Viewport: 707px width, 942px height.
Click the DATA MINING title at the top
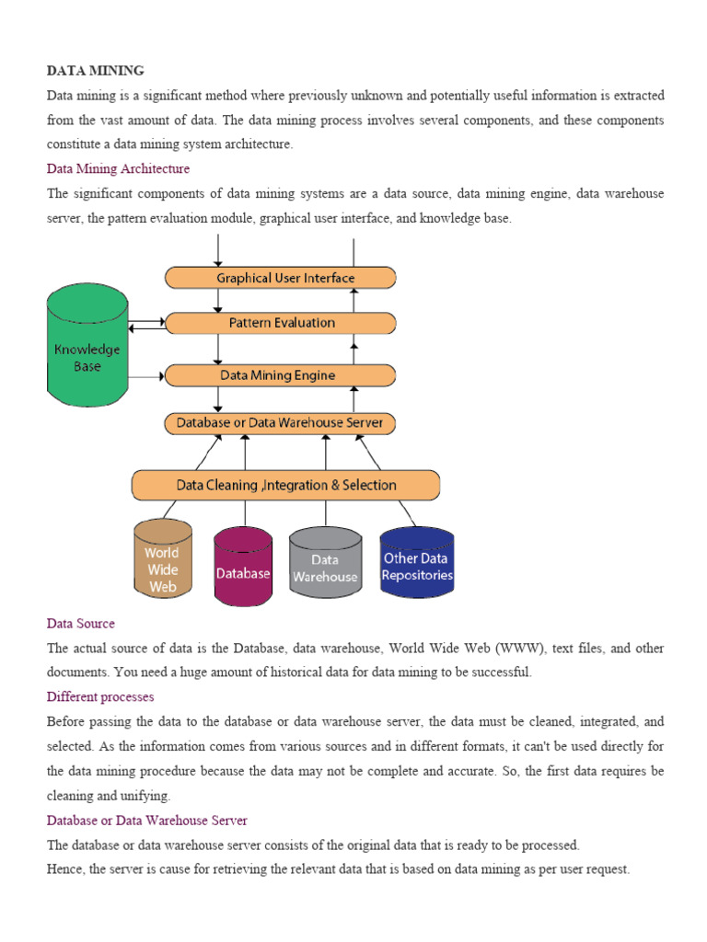click(x=96, y=70)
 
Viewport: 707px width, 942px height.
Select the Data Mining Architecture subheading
click(x=118, y=169)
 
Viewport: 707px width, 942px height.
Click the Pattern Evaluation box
click(x=281, y=323)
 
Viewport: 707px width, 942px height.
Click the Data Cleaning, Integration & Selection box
click(x=285, y=485)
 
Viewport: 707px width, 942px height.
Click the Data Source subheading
click(x=81, y=624)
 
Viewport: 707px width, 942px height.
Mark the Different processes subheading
click(x=100, y=697)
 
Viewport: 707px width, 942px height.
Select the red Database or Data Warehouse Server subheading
click(x=146, y=820)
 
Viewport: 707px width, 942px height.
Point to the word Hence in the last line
click(x=64, y=869)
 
